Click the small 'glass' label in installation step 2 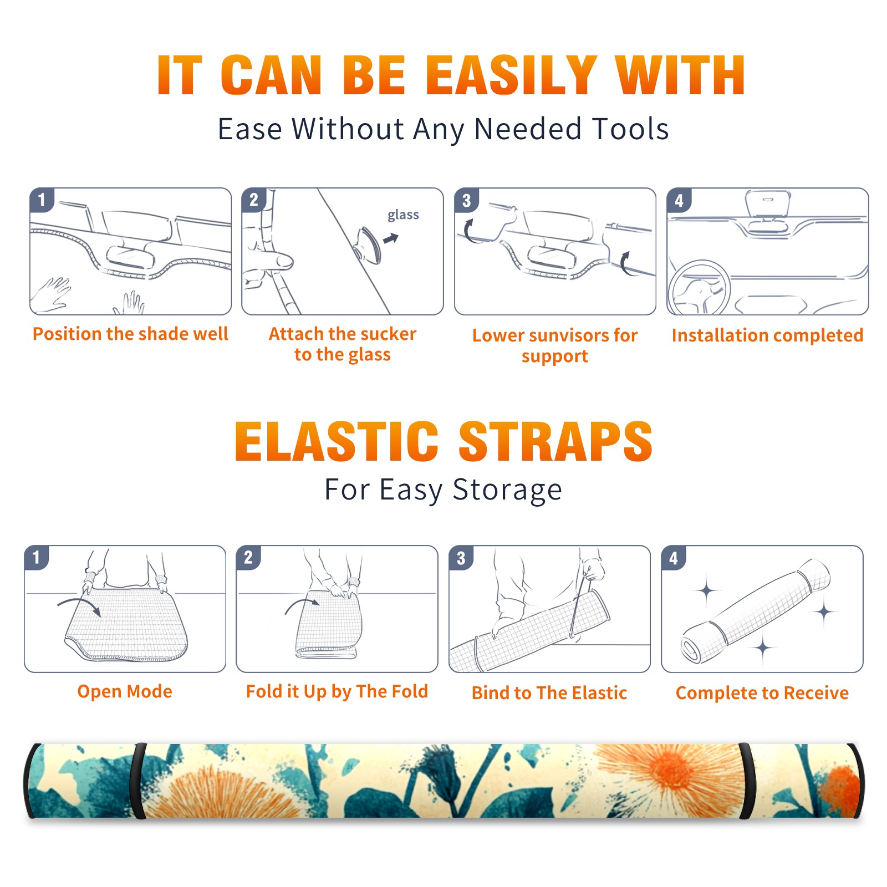(403, 215)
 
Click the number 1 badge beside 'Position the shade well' (42, 199)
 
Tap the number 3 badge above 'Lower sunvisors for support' (466, 200)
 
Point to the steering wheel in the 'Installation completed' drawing (699, 288)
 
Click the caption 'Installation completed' (767, 335)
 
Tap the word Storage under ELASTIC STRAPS (507, 490)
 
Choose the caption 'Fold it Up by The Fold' (337, 691)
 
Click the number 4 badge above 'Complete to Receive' (674, 558)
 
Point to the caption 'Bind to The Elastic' (549, 692)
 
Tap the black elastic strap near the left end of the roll (137, 781)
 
